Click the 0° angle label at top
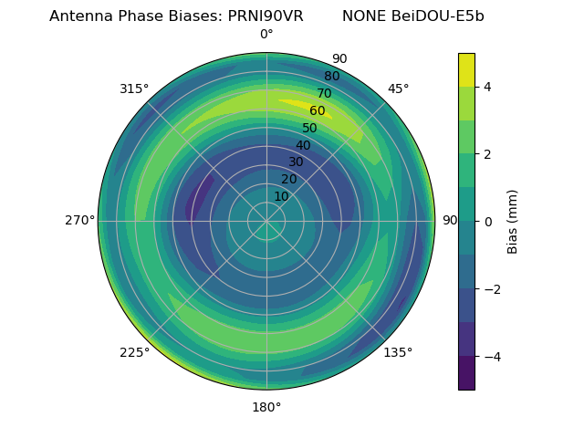pyautogui.click(x=266, y=35)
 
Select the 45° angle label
pyautogui.click(x=398, y=89)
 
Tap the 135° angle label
pyautogui.click(x=398, y=352)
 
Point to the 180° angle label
pyautogui.click(x=266, y=407)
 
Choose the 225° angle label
pyautogui.click(x=134, y=352)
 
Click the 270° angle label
pyautogui.click(x=80, y=221)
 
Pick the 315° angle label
pyautogui.click(x=134, y=89)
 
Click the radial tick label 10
pyautogui.click(x=281, y=196)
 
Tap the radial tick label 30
pyautogui.click(x=296, y=162)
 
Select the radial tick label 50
pyautogui.click(x=309, y=128)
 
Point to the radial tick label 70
pyautogui.click(x=324, y=93)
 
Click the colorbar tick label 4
pyautogui.click(x=488, y=87)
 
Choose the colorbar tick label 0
pyautogui.click(x=488, y=222)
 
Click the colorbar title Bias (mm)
pyautogui.click(x=513, y=222)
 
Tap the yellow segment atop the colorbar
pyautogui.click(x=466, y=69)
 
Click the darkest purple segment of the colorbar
pyautogui.click(x=466, y=373)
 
